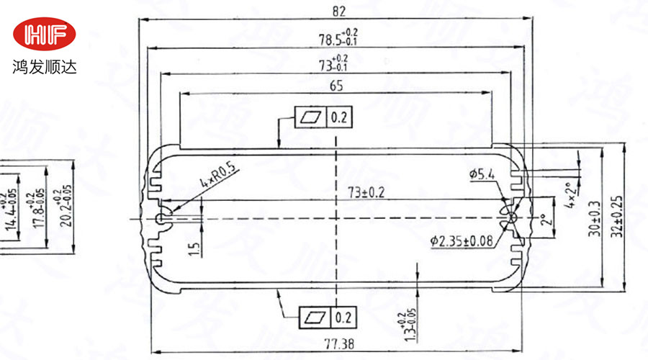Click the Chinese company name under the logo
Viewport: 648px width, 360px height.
[x=44, y=68]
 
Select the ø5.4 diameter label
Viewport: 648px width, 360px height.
[x=481, y=174]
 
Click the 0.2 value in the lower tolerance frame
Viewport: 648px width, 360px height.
[x=343, y=315]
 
